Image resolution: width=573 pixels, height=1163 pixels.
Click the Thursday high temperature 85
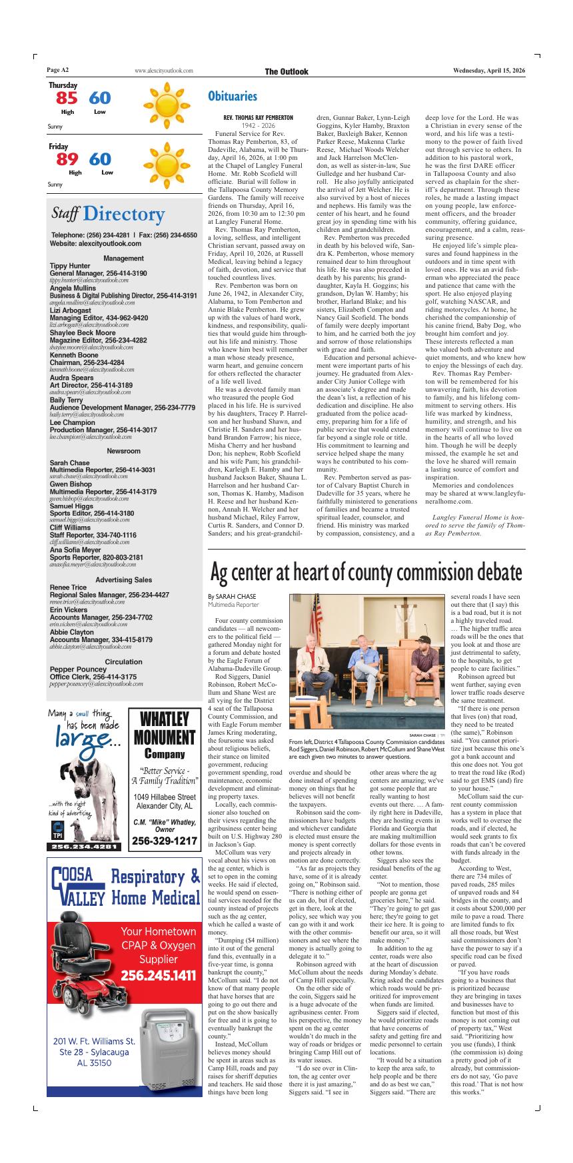click(67, 99)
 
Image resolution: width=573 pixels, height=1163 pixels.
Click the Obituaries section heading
click(232, 97)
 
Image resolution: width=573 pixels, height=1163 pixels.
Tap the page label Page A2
click(58, 71)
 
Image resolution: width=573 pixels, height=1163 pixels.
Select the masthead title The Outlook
click(286, 71)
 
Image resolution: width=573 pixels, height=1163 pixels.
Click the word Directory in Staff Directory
click(124, 214)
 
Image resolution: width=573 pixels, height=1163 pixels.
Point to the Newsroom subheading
click(123, 451)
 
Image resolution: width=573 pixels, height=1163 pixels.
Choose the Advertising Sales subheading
click(123, 580)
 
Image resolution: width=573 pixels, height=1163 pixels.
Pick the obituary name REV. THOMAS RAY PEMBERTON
click(258, 117)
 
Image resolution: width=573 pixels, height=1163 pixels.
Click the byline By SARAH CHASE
click(231, 596)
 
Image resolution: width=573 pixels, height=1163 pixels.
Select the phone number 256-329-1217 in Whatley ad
click(164, 841)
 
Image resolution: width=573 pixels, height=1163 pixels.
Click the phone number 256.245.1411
click(159, 976)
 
